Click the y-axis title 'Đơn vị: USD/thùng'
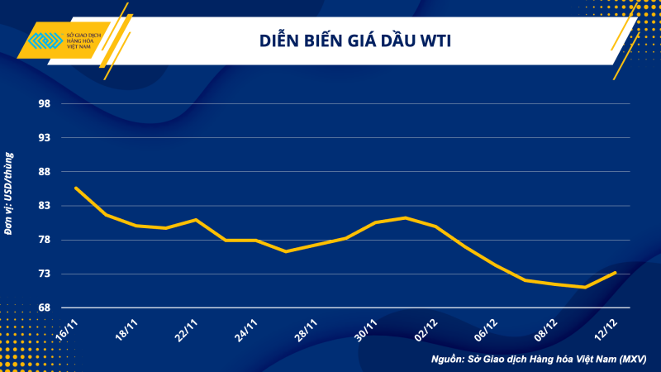click(x=9, y=194)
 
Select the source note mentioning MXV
click(x=539, y=360)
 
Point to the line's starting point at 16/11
click(x=75, y=188)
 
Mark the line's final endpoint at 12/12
click(x=616, y=272)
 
